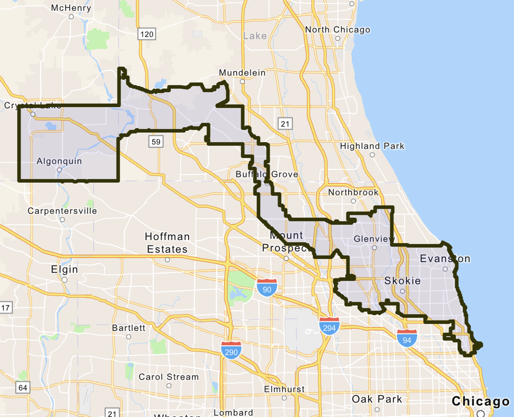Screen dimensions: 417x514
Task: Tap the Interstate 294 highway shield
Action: [329, 326]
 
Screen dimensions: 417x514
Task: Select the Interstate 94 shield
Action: [407, 338]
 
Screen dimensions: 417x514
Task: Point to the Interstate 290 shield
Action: [231, 350]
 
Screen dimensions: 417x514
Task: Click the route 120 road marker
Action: [146, 34]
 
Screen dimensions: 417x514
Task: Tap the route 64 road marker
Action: [23, 388]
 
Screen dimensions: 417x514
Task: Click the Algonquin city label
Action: [59, 161]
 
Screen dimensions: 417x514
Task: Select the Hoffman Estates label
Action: [167, 243]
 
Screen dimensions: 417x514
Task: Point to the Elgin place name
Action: [64, 269]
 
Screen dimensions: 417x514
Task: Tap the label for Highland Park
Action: [372, 146]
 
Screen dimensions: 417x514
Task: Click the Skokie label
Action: [403, 280]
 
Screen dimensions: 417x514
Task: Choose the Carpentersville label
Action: [62, 211]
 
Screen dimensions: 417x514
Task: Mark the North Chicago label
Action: [337, 29]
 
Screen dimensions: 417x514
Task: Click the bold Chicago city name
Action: [481, 401]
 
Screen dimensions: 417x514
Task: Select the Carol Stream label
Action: [169, 377]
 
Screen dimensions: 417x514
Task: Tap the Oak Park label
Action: [377, 399]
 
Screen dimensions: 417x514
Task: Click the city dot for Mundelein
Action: [242, 82]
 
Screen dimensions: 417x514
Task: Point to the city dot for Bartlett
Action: [128, 337]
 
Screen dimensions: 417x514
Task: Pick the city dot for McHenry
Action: [71, 17]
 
